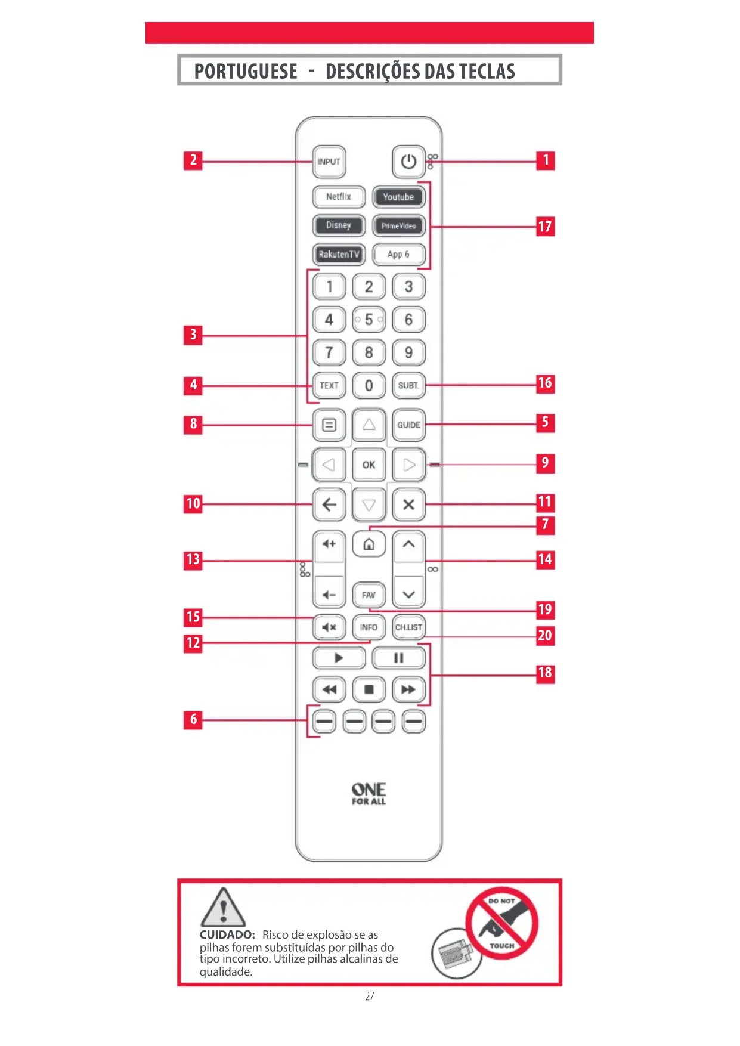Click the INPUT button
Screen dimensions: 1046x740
coord(329,162)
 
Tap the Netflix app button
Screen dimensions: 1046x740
coord(338,197)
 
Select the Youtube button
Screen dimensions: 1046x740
coord(398,197)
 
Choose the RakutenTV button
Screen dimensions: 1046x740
coord(338,254)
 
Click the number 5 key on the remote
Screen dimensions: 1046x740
coord(369,320)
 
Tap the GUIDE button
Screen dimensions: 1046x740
coord(408,425)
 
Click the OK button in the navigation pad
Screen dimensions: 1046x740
coord(369,465)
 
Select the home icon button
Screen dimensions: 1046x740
coord(369,544)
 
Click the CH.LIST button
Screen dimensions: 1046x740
coord(408,627)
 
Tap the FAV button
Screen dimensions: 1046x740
coord(369,595)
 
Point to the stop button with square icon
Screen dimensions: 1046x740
coord(369,689)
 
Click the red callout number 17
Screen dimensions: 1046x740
coord(545,227)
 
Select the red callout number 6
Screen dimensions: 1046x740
coord(193,720)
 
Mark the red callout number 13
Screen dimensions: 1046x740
coord(193,560)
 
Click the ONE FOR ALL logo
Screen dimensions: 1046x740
coord(369,794)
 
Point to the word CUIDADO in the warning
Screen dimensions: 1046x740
coord(227,934)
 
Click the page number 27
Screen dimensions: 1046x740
coord(370,996)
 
